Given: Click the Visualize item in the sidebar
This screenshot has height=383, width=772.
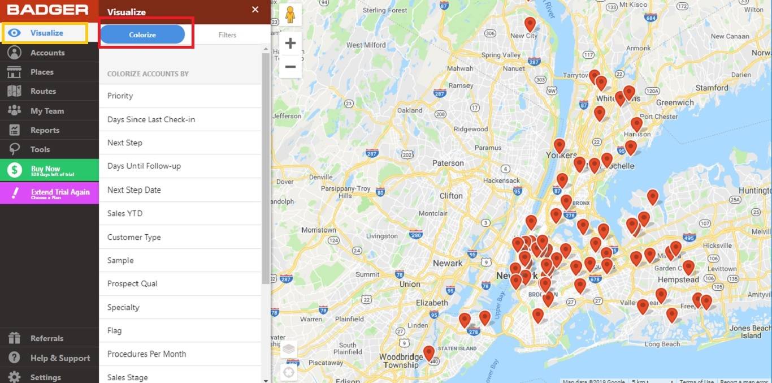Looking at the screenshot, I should point(46,33).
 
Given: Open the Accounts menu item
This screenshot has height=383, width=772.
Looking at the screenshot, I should point(47,53).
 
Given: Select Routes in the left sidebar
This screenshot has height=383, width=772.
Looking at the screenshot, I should point(43,91).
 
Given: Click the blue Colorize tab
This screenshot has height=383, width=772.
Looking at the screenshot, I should point(142,35).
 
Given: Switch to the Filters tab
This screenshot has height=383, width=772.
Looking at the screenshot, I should point(227,35).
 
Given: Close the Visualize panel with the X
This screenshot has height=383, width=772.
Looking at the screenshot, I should point(255,10).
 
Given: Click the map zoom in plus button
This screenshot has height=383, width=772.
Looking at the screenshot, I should point(290,44).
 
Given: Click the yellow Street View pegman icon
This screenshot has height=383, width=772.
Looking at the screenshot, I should point(290,15).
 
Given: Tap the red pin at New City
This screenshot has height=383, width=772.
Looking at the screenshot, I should point(530,24).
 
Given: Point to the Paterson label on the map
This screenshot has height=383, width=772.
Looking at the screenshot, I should point(448,163).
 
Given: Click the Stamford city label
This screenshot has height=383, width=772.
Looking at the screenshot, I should point(712,88).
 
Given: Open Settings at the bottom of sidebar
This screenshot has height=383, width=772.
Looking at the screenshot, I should point(45,377).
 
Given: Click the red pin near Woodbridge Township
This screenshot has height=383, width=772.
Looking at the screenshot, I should point(429,353).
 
